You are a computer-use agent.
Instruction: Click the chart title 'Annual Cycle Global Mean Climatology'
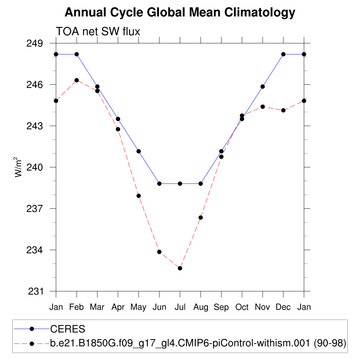(180, 13)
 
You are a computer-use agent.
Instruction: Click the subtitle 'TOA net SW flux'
(98, 32)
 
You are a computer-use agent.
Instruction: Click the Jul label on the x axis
(180, 307)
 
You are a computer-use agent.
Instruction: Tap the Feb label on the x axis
(77, 307)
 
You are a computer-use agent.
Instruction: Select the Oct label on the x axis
(242, 307)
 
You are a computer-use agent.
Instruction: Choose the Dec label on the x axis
(283, 307)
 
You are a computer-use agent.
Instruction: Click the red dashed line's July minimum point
(180, 268)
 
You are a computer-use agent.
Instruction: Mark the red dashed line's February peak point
(77, 80)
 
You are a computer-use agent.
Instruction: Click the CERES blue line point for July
(180, 184)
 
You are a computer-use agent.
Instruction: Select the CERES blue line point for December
(283, 54)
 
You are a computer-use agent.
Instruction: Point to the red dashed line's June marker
(159, 252)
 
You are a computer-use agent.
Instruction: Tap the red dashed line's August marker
(201, 218)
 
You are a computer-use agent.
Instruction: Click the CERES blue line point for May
(139, 151)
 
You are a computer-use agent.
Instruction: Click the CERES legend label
(68, 329)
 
